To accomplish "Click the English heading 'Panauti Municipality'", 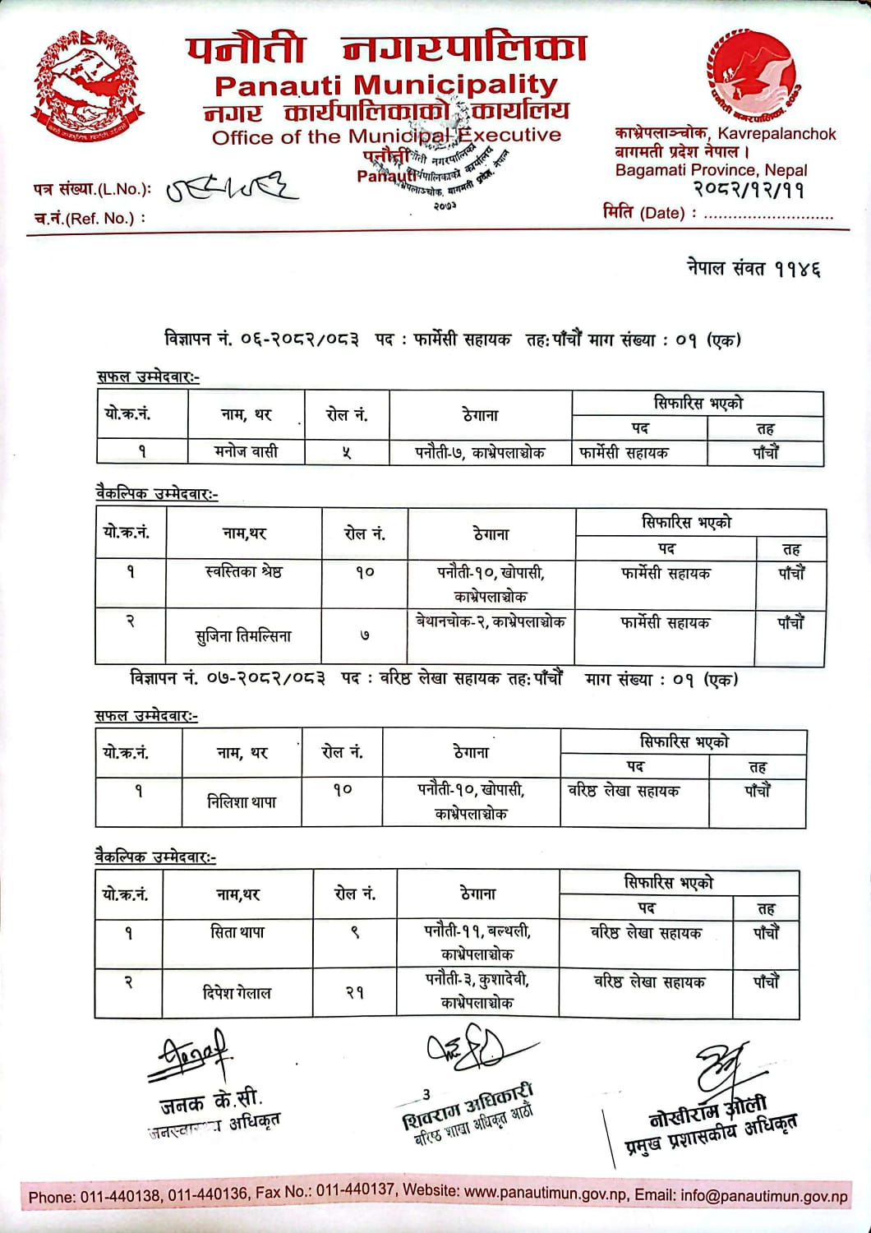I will coord(385,85).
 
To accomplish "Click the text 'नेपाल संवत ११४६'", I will coord(753,268).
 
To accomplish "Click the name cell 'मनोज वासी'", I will coord(247,451).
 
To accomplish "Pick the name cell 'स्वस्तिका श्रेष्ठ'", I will coord(243,572).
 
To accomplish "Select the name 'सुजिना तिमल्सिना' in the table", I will coord(243,635).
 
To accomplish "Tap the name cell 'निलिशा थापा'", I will coord(242,801).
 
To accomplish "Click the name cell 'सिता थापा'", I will coord(237,933).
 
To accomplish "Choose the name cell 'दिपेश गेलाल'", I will coord(237,993).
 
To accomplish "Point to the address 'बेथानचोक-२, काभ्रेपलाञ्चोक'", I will coord(491,622).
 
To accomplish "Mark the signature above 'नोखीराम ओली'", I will coord(720,1069).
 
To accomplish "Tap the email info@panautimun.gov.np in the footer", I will coord(764,1197).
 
